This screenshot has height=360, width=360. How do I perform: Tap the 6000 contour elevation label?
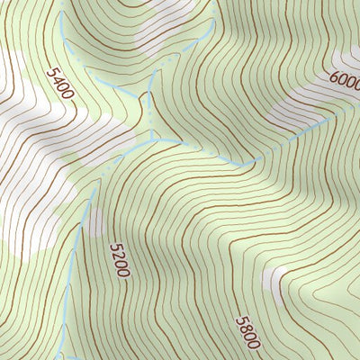[x=346, y=83]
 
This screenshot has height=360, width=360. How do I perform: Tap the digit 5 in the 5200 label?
[x=113, y=246]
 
